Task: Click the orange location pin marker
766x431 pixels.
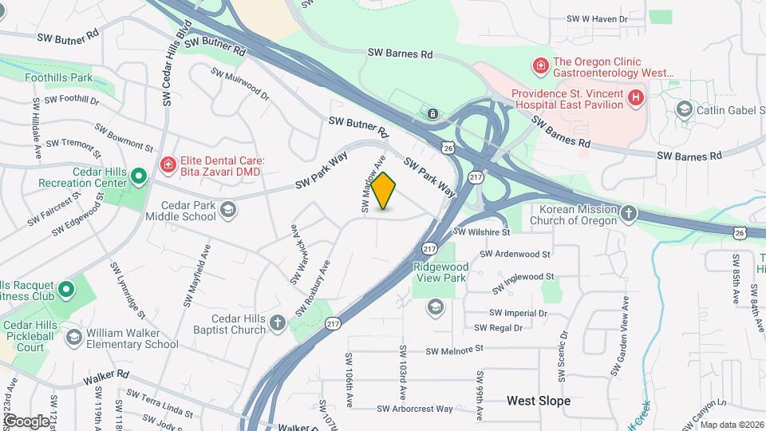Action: click(384, 191)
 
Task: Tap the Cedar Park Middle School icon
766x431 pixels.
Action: click(228, 210)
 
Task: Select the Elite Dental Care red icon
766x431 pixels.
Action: click(168, 165)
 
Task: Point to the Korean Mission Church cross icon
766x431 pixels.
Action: click(629, 213)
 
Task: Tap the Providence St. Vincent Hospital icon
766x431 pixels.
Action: click(636, 98)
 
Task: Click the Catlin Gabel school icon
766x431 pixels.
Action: click(683, 109)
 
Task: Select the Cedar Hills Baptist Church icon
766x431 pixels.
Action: click(277, 323)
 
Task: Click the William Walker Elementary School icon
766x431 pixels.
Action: click(73, 338)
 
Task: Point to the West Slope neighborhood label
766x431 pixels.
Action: click(539, 401)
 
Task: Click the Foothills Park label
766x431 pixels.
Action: click(58, 78)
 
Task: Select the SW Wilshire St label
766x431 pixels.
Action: click(482, 232)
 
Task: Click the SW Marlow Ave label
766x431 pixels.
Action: click(369, 184)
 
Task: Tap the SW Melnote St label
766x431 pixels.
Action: click(455, 350)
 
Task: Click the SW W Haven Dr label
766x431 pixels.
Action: click(598, 18)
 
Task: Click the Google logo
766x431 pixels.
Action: click(26, 421)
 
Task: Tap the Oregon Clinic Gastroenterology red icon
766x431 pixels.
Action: click(540, 64)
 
